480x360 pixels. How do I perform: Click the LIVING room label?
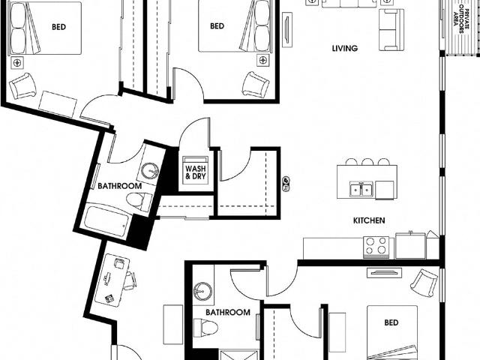[x=345, y=49]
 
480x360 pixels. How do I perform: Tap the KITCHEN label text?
[x=369, y=221]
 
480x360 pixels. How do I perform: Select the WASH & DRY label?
[x=195, y=172]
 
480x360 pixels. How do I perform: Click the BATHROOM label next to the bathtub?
[x=119, y=185]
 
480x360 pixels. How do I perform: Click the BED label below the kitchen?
[x=391, y=323]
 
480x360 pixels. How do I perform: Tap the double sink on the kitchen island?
[x=362, y=189]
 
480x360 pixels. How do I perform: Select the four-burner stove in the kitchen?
[x=376, y=246]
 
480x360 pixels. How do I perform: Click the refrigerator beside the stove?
[x=410, y=245]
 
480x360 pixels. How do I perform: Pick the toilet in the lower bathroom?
[x=204, y=328]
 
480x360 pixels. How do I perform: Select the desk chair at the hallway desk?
[x=129, y=280]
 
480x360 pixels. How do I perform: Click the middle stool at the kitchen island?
[x=367, y=161]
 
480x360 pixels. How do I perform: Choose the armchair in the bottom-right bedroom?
[x=424, y=283]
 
